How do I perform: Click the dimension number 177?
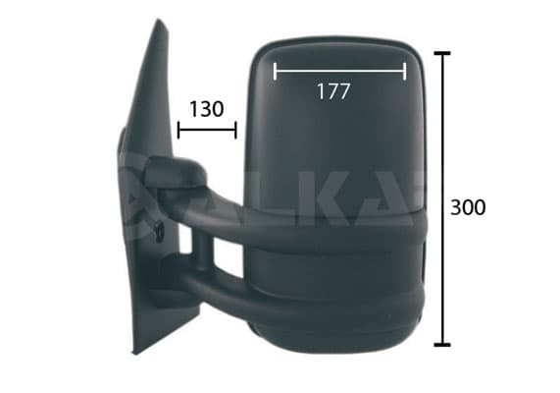click(333, 91)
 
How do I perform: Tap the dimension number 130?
click(206, 109)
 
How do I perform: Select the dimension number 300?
click(468, 207)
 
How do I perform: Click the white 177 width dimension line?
click(339, 71)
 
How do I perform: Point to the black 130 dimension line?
click(207, 130)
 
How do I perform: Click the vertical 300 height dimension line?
click(442, 199)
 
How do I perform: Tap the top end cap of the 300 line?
click(442, 53)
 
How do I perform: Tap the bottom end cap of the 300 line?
click(442, 345)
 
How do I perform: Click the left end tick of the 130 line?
click(178, 130)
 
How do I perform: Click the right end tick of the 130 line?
click(235, 130)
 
